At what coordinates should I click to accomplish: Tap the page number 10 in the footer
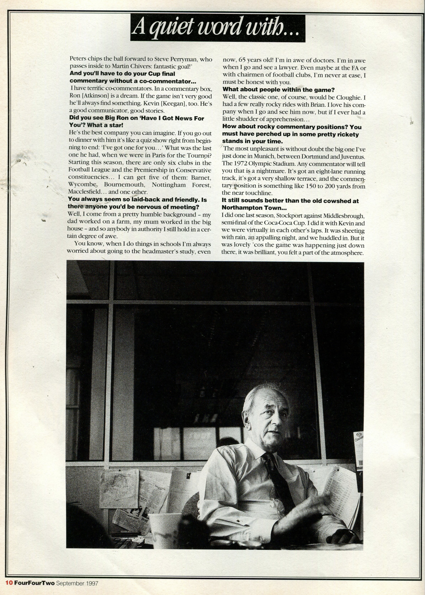coord(9,583)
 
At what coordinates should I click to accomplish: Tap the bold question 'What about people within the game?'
coord(279,90)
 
